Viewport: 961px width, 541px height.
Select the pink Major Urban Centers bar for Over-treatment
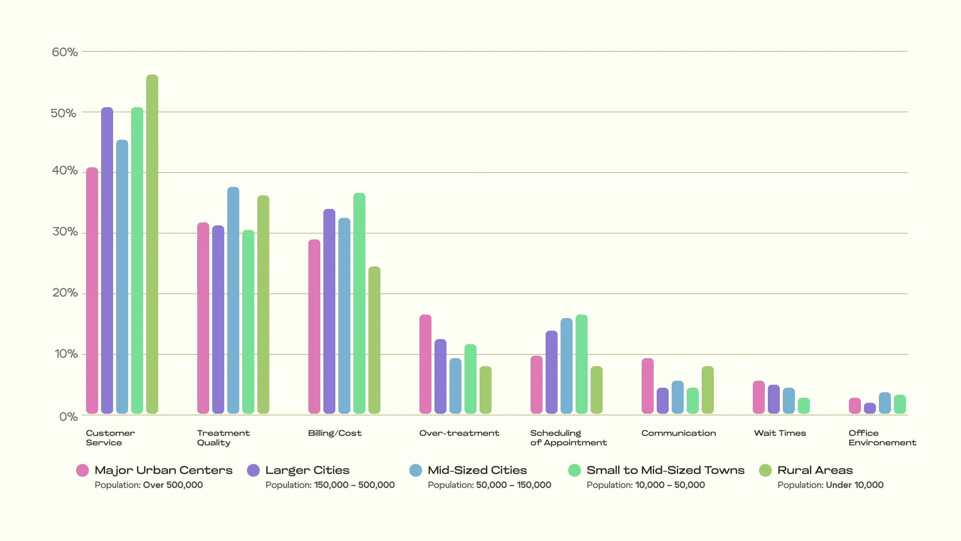pyautogui.click(x=425, y=364)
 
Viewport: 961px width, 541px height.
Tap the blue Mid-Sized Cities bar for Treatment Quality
pyautogui.click(x=233, y=301)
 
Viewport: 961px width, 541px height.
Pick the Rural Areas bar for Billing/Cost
pyautogui.click(x=374, y=340)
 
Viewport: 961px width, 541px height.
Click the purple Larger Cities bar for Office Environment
pyautogui.click(x=870, y=408)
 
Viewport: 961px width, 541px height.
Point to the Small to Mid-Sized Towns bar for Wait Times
pyautogui.click(x=804, y=406)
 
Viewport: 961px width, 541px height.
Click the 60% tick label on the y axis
pyautogui.click(x=65, y=52)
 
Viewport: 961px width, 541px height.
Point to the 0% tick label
pyautogui.click(x=69, y=417)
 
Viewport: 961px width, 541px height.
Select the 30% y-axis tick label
pyautogui.click(x=65, y=232)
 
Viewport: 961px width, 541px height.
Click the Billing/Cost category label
pyautogui.click(x=335, y=433)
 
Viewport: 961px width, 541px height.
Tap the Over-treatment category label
pyautogui.click(x=459, y=433)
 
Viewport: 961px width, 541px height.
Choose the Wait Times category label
pyautogui.click(x=780, y=433)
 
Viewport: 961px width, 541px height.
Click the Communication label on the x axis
pyautogui.click(x=679, y=433)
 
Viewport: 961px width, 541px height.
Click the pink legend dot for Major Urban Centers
pyautogui.click(x=83, y=470)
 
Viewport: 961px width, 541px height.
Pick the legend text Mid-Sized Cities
pyautogui.click(x=477, y=470)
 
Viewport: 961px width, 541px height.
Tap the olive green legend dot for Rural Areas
pyautogui.click(x=765, y=470)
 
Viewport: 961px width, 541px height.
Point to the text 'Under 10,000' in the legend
pyautogui.click(x=854, y=485)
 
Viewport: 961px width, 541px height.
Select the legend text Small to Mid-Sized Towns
pyautogui.click(x=665, y=470)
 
